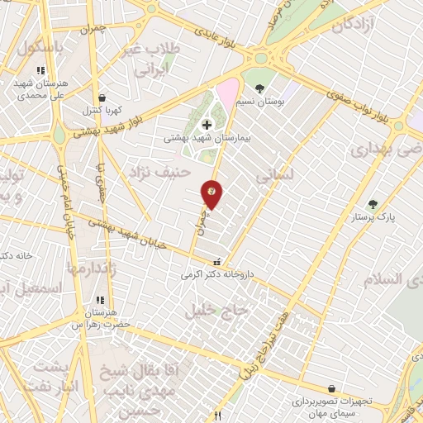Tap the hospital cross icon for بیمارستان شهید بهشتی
[x=207, y=125]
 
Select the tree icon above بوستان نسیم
[x=259, y=88]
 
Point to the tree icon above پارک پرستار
[x=372, y=204]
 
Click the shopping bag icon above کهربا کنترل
[x=100, y=97]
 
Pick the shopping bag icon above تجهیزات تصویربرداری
[x=331, y=388]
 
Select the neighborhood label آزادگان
[x=360, y=25]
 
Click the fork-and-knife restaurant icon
[x=218, y=416]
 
